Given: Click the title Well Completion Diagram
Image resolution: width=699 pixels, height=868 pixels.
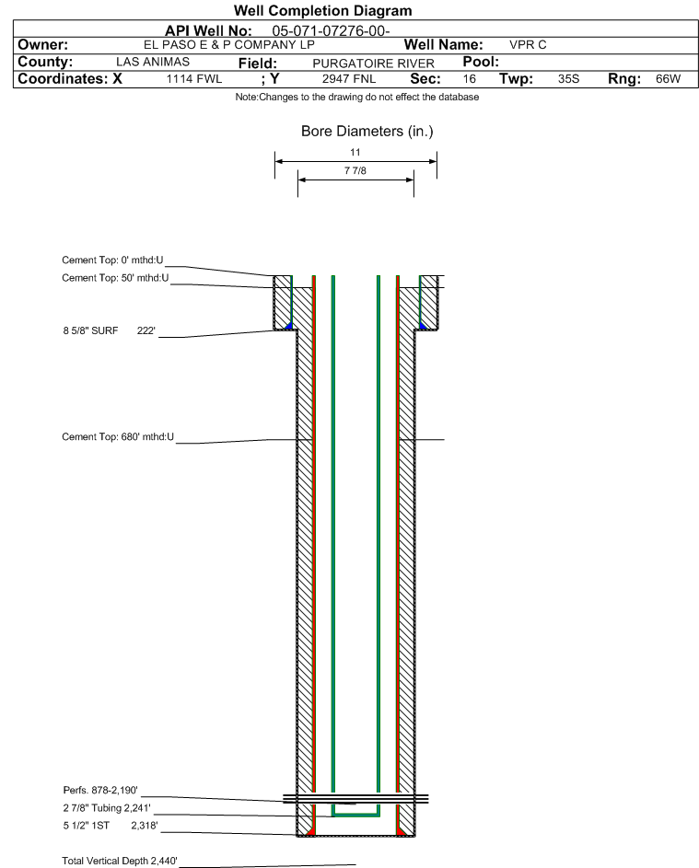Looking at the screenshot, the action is coord(323,10).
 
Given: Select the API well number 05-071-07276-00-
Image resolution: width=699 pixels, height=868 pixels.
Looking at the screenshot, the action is coord(331,31).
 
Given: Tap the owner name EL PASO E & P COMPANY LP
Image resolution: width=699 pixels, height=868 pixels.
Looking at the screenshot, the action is coord(228,45).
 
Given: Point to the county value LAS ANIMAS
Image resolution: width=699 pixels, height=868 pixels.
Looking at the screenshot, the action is coord(153,62).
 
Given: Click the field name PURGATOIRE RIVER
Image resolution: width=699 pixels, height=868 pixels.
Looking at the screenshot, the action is coord(373,64).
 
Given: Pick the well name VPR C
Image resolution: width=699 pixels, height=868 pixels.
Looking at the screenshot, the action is coord(528,45).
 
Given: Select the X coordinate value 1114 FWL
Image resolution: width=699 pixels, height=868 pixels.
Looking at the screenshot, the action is coord(193,78).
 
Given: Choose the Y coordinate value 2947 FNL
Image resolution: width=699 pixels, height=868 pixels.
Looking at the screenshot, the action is coord(349,78).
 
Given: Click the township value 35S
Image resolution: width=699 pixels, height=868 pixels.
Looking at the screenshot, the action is coord(568,78).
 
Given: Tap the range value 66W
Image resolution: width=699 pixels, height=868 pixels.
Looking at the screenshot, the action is coord(668,78).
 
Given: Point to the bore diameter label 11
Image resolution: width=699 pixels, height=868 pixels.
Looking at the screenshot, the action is coord(355,152).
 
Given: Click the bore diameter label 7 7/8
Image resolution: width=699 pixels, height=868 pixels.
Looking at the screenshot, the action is coord(355,170).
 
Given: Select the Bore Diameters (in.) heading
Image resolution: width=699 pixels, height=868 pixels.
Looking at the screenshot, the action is coord(367,132).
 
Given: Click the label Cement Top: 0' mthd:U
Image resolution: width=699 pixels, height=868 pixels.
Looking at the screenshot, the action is coord(112,260).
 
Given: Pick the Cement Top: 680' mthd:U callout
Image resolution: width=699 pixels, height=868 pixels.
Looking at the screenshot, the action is coord(118,437).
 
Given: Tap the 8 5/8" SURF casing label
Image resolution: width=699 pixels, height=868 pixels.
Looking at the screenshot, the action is coord(91,330).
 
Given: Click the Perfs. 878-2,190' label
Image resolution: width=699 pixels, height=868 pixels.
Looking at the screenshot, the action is coord(100,790).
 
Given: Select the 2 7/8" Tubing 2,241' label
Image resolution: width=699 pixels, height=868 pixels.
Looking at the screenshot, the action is coord(106,807).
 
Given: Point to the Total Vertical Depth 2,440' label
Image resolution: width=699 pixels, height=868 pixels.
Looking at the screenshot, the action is coord(120,861).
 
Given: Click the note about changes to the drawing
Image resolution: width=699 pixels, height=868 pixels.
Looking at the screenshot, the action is coord(357,97).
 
